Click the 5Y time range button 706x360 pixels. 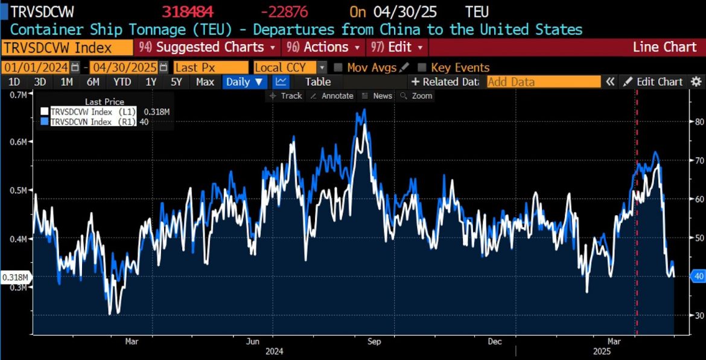point(176,81)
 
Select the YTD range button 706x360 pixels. point(122,81)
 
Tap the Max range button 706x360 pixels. point(205,81)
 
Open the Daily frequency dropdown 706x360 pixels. point(245,81)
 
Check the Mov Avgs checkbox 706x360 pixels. point(339,68)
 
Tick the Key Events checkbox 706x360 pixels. point(422,68)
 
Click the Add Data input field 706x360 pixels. point(543,81)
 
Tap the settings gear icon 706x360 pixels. point(696,81)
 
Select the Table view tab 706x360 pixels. point(317,81)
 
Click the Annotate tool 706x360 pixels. point(332,96)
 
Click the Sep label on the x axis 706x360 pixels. point(374,341)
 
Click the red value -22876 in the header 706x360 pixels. point(284,12)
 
